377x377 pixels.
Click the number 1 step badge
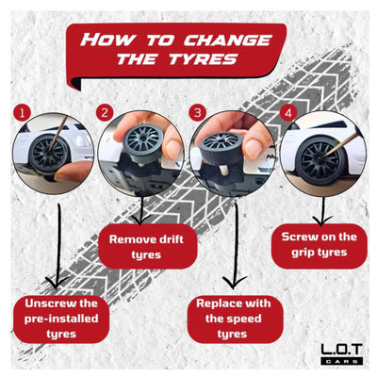click(x=22, y=113)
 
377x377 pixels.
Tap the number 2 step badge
click(x=105, y=112)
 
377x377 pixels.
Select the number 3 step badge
click(x=198, y=113)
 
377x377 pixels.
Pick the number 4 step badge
click(x=288, y=113)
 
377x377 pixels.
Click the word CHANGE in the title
click(x=227, y=41)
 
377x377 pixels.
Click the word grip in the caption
click(x=303, y=253)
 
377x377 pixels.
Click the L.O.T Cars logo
click(x=341, y=353)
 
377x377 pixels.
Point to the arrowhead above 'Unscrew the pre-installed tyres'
click(x=57, y=282)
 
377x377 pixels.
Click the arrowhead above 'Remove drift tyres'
click(x=140, y=220)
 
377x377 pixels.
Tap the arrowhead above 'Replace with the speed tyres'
click(x=235, y=282)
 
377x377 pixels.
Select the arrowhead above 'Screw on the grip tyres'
click(x=322, y=221)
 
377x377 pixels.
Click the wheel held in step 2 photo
click(x=143, y=143)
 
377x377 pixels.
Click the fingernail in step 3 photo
click(x=254, y=149)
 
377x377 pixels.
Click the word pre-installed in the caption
click(x=61, y=319)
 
